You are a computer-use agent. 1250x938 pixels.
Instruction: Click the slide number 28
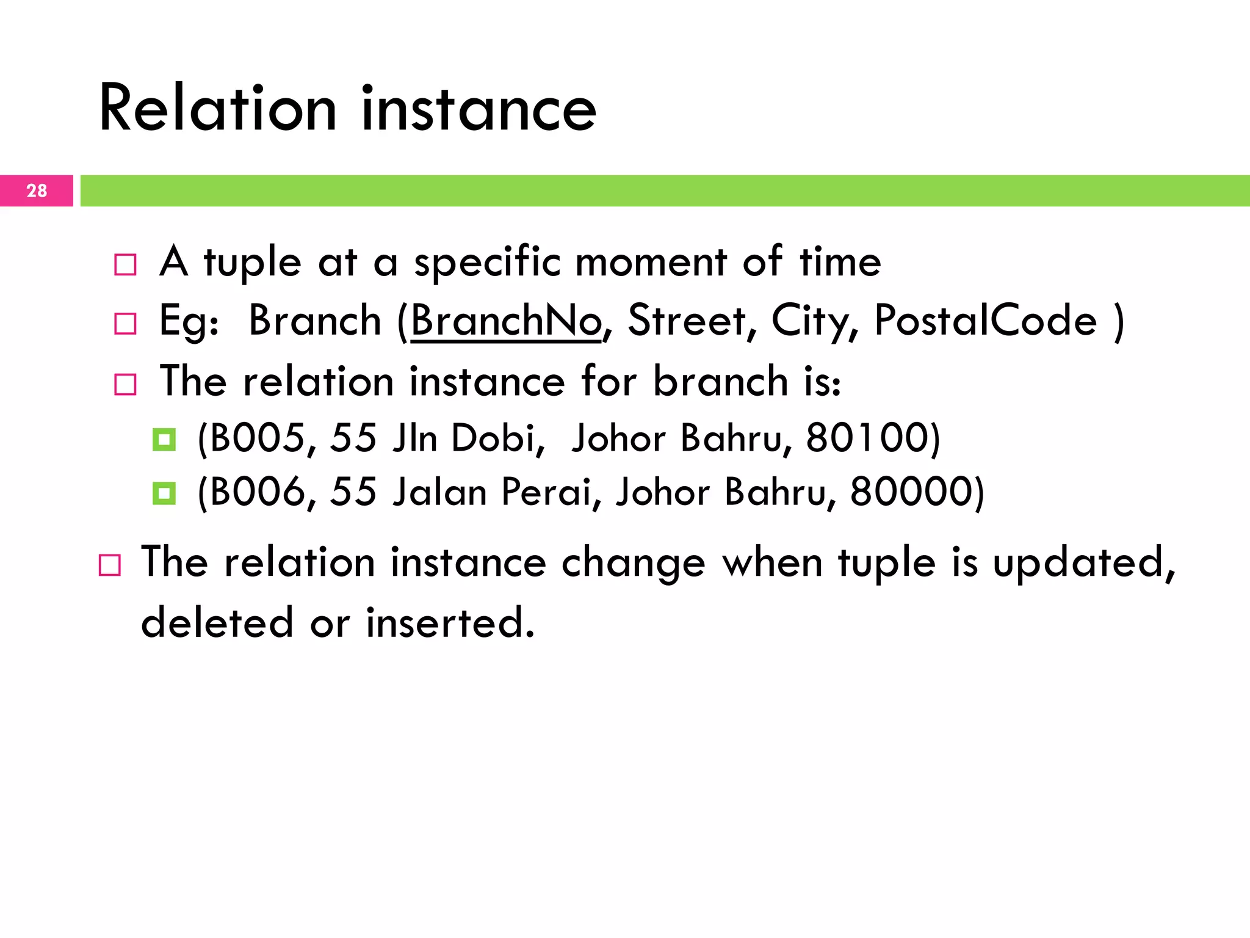point(37,191)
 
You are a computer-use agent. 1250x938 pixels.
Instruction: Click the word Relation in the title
point(217,109)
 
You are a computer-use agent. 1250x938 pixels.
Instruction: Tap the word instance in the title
point(479,109)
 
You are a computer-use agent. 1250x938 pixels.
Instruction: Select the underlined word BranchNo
point(506,321)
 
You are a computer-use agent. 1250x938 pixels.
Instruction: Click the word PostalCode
point(985,321)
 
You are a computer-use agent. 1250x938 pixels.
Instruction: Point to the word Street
point(687,321)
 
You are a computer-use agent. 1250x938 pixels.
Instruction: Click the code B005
point(257,438)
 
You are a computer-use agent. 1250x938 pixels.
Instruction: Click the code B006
point(257,492)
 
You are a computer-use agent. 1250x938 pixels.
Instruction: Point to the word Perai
point(546,492)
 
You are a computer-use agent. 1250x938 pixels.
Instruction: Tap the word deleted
point(217,623)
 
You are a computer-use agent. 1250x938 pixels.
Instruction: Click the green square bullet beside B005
point(164,439)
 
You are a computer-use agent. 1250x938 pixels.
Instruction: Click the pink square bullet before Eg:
point(126,324)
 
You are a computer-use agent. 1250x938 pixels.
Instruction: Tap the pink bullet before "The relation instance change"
point(110,565)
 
